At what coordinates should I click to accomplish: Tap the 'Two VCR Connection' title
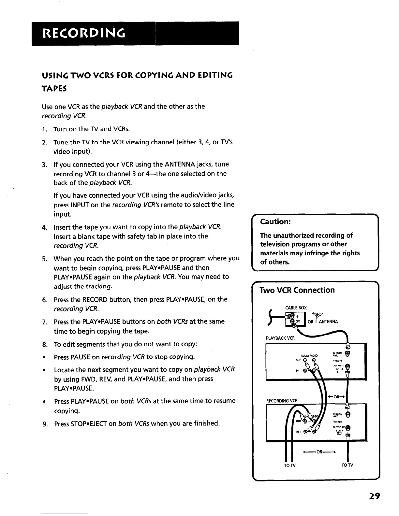pyautogui.click(x=297, y=290)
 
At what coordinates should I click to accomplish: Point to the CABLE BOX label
pyautogui.click(x=296, y=308)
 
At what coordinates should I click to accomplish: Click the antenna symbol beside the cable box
pyautogui.click(x=316, y=316)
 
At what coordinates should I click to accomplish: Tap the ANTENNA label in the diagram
pyautogui.click(x=328, y=322)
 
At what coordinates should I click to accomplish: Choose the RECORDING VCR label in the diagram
pyautogui.click(x=282, y=400)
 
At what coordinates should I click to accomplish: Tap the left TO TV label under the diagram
pyautogui.click(x=289, y=465)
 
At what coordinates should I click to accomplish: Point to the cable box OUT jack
pyautogui.click(x=293, y=321)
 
